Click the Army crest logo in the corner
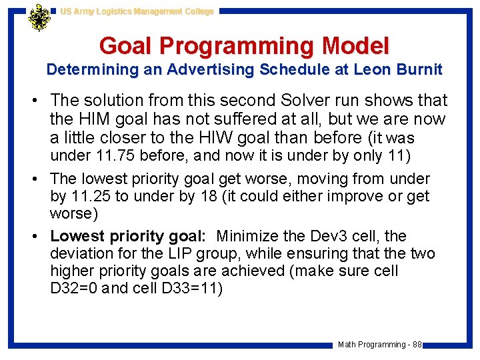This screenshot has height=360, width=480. (39, 18)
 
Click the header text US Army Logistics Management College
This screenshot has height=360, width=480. (137, 11)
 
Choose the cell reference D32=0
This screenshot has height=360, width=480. (75, 289)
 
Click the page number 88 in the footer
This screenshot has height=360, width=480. (417, 345)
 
